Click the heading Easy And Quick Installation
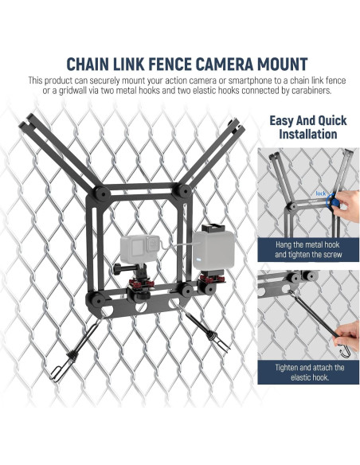(307, 127)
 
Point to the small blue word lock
(321, 193)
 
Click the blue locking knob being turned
(335, 202)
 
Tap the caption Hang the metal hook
(307, 245)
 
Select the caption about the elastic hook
(309, 373)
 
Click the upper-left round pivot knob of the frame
(102, 194)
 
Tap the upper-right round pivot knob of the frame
(184, 190)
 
